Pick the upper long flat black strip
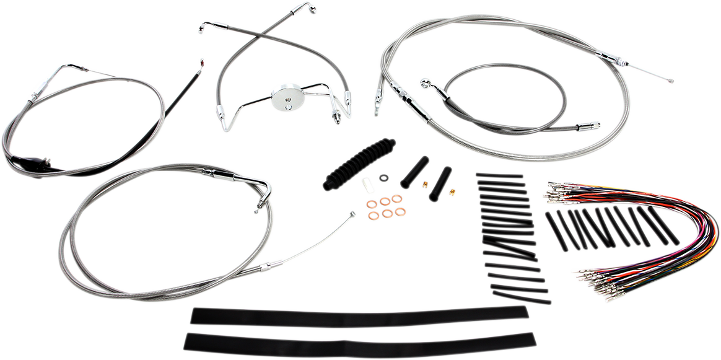click(x=359, y=316)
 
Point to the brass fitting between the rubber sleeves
click(x=425, y=184)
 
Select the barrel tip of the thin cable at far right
click(x=668, y=80)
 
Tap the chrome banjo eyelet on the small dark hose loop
click(x=425, y=82)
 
